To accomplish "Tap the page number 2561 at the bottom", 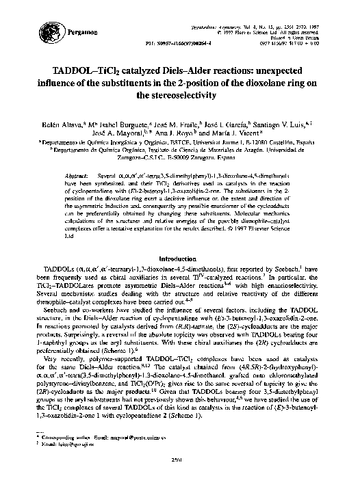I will [x=181, y=469].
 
